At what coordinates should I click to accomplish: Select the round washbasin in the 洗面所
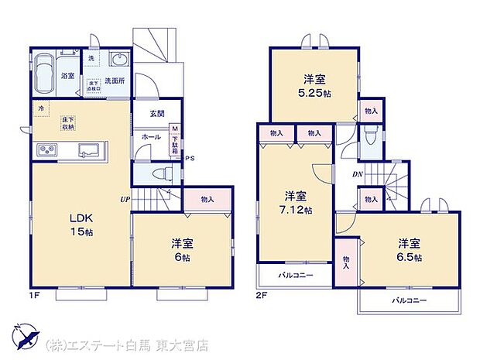tap(118, 63)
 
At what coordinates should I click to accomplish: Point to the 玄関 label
tap(157, 114)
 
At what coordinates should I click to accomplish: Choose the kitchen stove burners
tap(45, 149)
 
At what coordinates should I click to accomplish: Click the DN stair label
tap(358, 174)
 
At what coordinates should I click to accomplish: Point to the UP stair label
tap(124, 199)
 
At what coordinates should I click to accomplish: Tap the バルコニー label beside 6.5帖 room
tap(409, 300)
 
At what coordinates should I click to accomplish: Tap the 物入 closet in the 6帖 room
tap(207, 200)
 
